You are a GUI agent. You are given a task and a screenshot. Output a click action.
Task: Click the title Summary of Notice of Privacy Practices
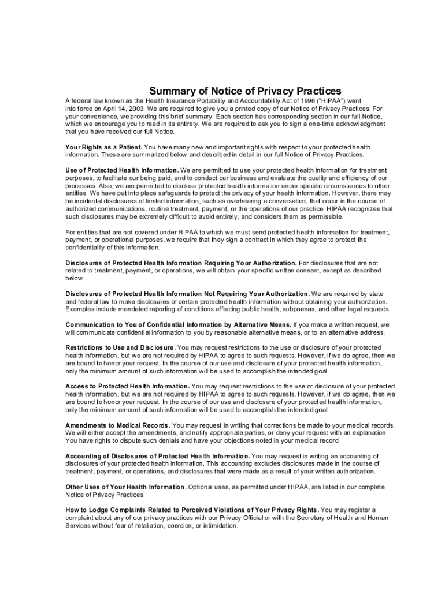point(246,91)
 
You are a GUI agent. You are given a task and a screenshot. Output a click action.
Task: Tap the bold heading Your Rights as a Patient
point(103,147)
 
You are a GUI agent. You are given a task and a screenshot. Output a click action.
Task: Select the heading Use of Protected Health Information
point(122,170)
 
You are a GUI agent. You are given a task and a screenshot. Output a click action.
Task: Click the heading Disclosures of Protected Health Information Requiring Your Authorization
point(181,263)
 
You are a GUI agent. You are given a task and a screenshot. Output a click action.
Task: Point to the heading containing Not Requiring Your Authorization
point(188,294)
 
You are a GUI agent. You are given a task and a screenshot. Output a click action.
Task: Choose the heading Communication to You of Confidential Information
point(179,324)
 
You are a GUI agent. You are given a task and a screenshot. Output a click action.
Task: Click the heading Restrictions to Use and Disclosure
point(120,347)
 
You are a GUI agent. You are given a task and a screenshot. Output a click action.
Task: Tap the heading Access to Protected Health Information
point(127,386)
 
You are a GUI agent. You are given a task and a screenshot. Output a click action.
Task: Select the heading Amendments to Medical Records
point(117,425)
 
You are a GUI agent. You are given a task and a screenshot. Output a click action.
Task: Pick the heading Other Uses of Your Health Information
point(125,487)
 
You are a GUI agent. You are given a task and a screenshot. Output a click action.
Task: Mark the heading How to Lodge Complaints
point(192,510)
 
